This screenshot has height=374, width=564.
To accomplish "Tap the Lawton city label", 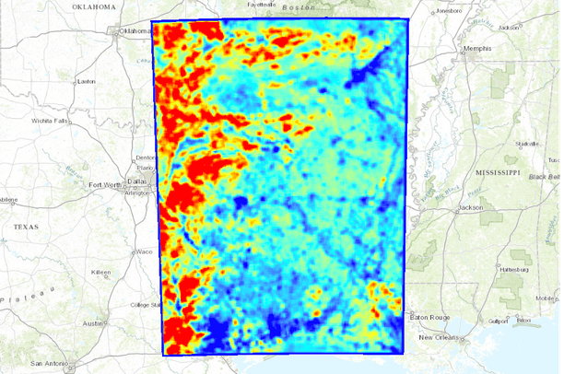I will (x=88, y=81).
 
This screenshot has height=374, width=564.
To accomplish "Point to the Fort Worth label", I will (x=105, y=185).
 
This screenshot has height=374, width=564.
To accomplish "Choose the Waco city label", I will (x=118, y=251).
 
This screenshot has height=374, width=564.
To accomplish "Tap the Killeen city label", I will (x=100, y=273).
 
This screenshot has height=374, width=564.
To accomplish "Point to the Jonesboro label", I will (x=448, y=11).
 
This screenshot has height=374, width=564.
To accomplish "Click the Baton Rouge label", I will (x=431, y=317).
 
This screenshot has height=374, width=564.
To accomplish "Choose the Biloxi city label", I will (x=525, y=321).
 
